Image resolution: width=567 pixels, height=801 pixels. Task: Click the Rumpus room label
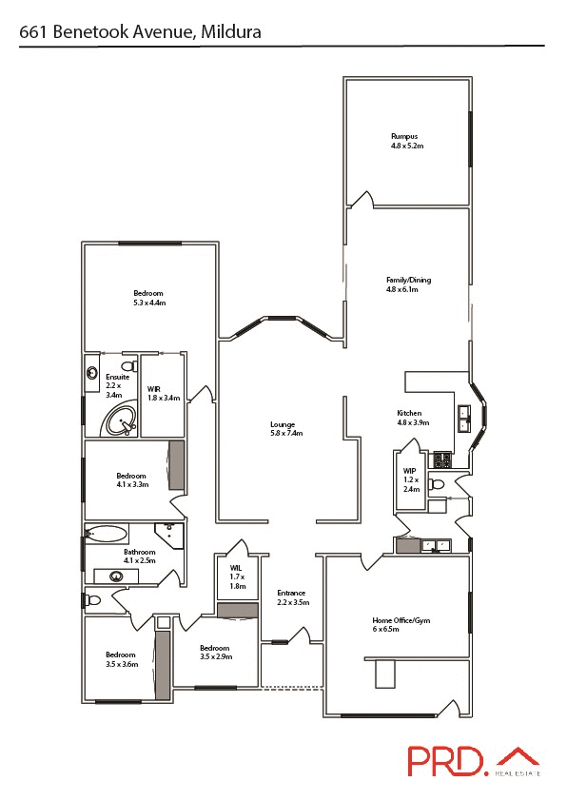[x=405, y=141]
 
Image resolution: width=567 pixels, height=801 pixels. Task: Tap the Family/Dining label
[x=408, y=283]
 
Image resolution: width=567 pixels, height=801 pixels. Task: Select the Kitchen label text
[x=410, y=418]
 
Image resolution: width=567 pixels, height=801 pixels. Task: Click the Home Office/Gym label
[x=400, y=624]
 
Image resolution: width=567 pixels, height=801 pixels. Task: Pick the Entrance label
[x=291, y=597]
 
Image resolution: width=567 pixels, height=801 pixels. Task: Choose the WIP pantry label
[x=411, y=480]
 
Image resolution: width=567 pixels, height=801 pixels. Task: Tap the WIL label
[x=237, y=576]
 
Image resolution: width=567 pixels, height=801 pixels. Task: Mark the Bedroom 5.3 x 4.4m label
[x=148, y=297]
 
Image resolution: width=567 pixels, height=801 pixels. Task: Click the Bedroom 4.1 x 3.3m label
[x=131, y=480]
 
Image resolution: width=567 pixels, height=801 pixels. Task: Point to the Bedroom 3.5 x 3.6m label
[x=121, y=659]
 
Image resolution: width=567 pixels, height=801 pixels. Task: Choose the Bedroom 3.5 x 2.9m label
[x=215, y=652]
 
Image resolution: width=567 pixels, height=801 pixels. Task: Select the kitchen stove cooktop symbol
[x=442, y=459]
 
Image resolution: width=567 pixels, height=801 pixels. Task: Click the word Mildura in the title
[x=229, y=32]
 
